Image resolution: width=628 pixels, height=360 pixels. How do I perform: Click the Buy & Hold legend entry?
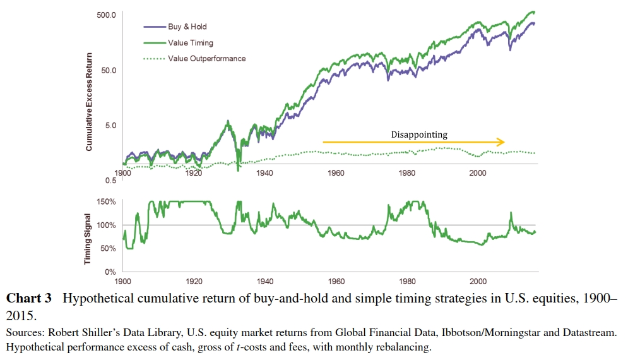point(187,27)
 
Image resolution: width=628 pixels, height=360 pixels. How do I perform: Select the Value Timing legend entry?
point(190,43)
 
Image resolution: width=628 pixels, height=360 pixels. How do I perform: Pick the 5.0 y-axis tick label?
point(109,125)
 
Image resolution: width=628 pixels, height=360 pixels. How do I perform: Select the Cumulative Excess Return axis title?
point(89,101)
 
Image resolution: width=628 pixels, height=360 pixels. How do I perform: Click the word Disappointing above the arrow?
point(418,135)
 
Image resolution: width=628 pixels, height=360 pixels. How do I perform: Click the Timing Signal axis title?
point(89,238)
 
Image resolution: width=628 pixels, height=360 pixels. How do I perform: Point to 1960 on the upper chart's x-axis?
point(336,174)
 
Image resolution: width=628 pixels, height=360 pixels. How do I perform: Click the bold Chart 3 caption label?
point(28,298)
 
